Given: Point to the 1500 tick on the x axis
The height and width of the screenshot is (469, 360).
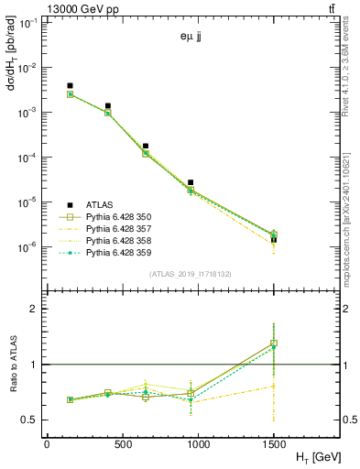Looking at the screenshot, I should click(274, 443).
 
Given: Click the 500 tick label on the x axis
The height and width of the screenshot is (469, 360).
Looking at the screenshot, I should click(121, 443).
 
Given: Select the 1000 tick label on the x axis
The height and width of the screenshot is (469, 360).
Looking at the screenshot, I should click(197, 443).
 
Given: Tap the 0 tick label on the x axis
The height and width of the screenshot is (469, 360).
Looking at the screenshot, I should click(46, 443).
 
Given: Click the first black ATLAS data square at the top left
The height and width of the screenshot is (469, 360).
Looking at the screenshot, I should click(70, 86).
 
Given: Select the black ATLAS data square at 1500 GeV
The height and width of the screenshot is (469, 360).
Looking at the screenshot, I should click(274, 239).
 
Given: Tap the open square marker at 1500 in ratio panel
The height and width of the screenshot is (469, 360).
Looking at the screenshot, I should click(274, 344).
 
